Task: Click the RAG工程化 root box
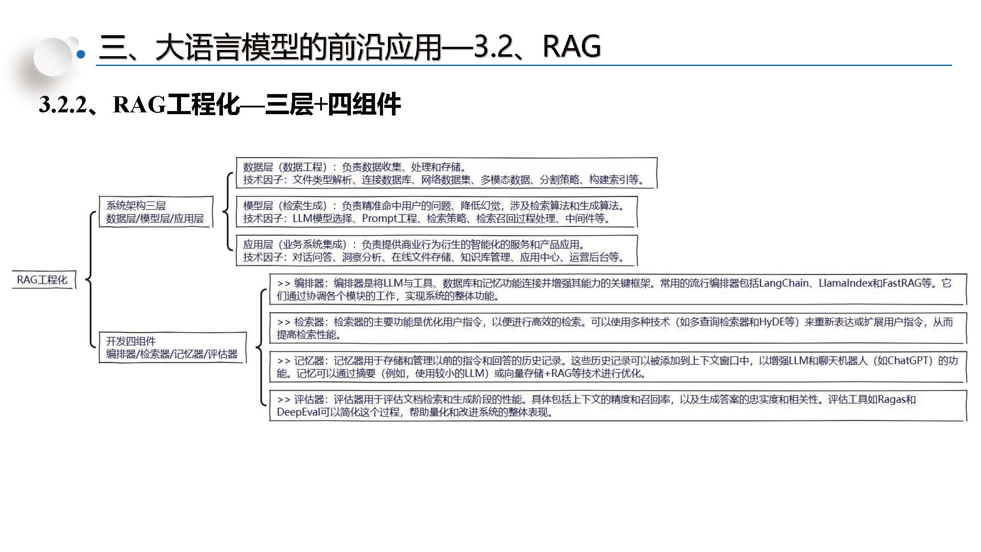(x=43, y=280)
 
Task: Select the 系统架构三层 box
(x=155, y=212)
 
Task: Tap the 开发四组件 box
(x=172, y=348)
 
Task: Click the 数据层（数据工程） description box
(x=446, y=173)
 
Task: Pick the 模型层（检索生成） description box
(x=436, y=212)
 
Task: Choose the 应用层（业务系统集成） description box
(x=436, y=251)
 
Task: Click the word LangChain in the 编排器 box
(x=783, y=283)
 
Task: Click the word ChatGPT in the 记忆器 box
(x=908, y=361)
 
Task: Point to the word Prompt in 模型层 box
(x=379, y=218)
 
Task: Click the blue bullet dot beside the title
(x=81, y=54)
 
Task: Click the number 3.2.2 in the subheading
(x=62, y=105)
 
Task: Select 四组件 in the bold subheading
(x=364, y=105)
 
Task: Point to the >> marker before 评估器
(x=284, y=400)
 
